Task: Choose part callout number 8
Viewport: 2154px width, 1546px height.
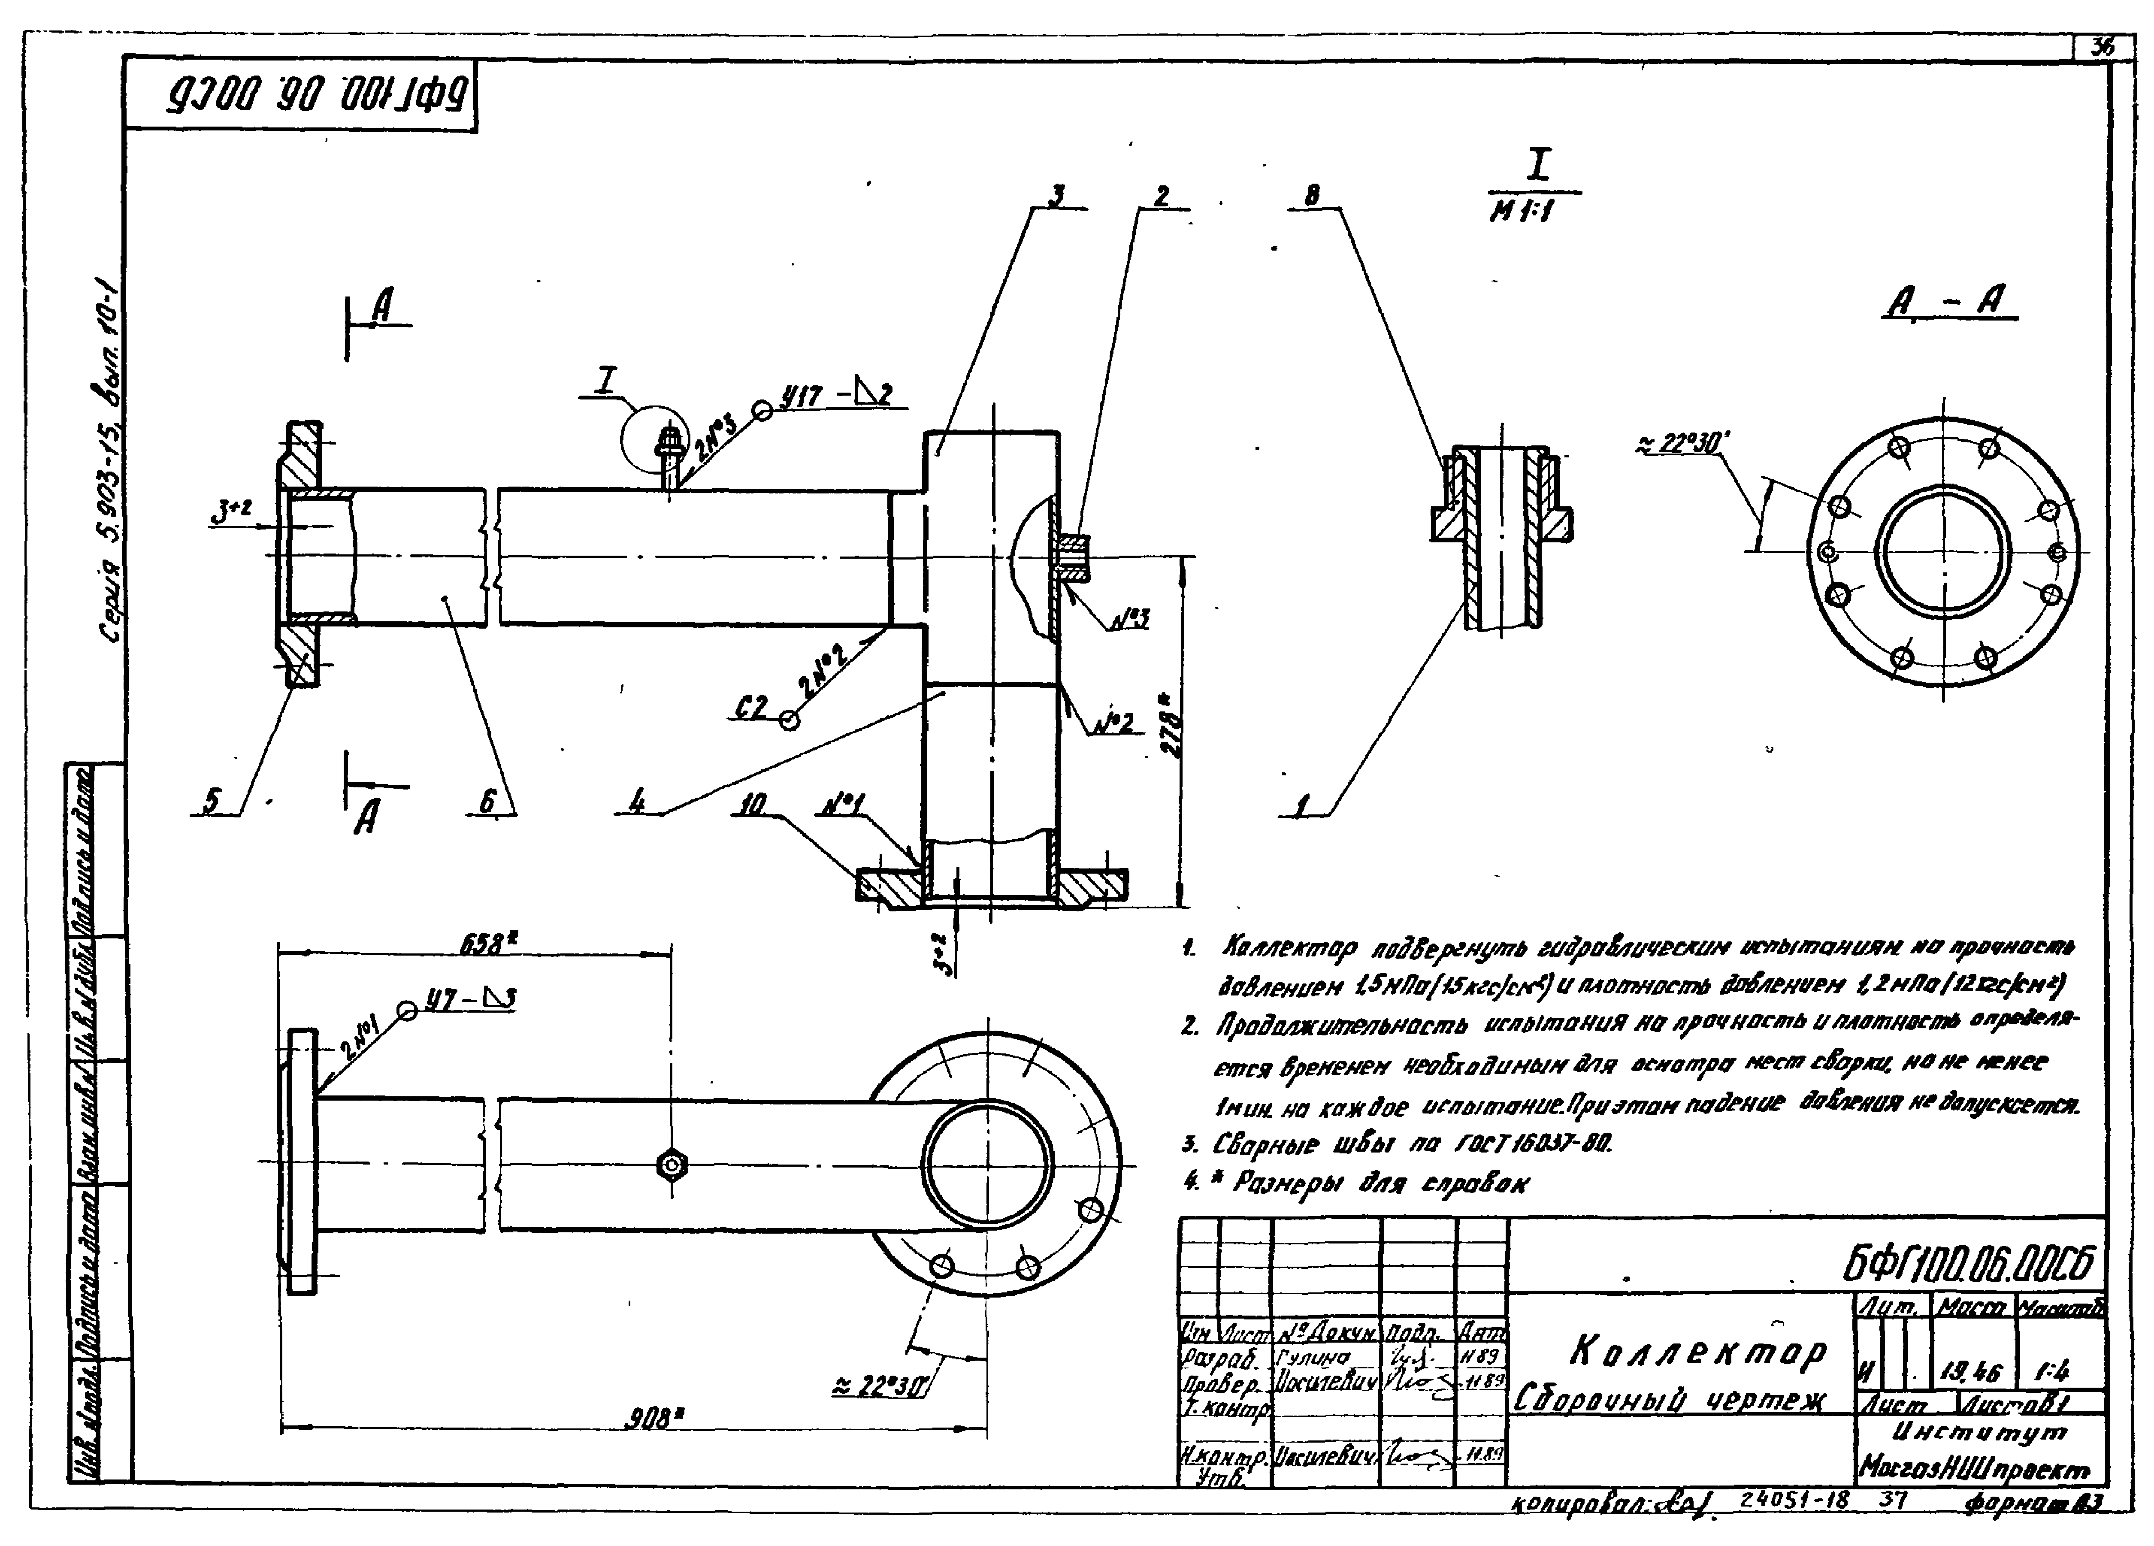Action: [x=1312, y=196]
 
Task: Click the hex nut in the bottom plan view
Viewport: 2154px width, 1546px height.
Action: [x=672, y=1164]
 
